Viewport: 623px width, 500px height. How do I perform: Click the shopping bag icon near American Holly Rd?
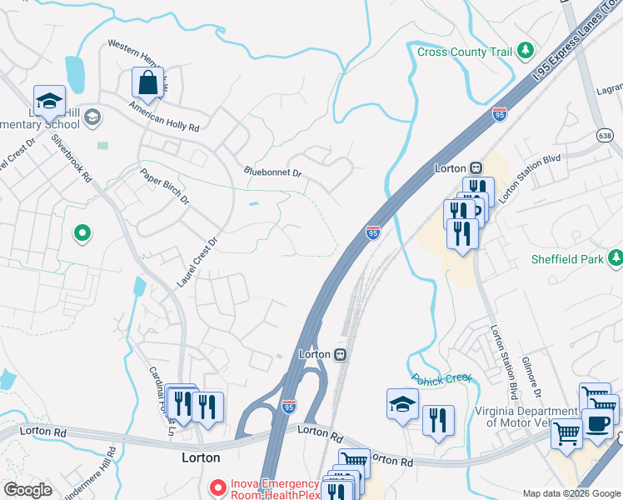147,83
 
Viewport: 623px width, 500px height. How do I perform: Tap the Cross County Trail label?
464,52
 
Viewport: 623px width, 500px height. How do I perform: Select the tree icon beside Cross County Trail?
526,52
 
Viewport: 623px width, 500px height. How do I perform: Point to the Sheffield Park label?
567,259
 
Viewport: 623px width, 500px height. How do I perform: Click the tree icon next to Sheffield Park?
616,259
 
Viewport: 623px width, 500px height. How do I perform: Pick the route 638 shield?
606,135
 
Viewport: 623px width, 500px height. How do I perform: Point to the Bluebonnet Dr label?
272,172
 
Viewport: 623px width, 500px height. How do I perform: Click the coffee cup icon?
599,421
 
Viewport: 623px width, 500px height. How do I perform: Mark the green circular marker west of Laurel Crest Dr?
82,233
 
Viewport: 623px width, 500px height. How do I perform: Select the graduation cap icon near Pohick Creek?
402,405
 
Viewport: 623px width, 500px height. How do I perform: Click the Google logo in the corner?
27,490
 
